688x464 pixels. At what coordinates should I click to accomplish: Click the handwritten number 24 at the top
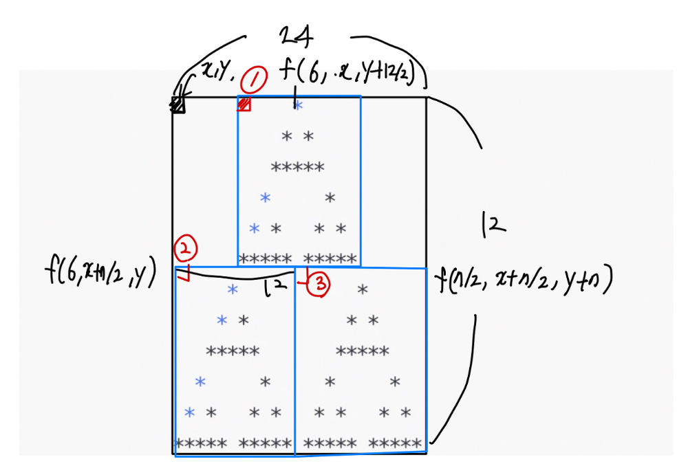(x=297, y=36)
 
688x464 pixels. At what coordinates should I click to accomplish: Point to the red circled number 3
(x=319, y=283)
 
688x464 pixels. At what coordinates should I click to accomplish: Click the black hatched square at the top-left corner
(x=178, y=104)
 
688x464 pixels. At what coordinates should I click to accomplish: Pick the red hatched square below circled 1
(x=244, y=104)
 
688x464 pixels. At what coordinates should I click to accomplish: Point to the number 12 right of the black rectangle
(x=495, y=223)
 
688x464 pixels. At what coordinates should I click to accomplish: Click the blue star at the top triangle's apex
(x=298, y=106)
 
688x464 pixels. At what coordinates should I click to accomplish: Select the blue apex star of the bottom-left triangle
(x=233, y=290)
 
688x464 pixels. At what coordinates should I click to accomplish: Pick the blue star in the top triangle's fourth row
(x=265, y=198)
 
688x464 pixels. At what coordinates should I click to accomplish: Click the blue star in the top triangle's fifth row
(x=255, y=228)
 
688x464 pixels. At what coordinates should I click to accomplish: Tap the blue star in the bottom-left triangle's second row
(x=222, y=320)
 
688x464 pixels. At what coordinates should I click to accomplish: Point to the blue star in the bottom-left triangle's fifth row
(x=191, y=412)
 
